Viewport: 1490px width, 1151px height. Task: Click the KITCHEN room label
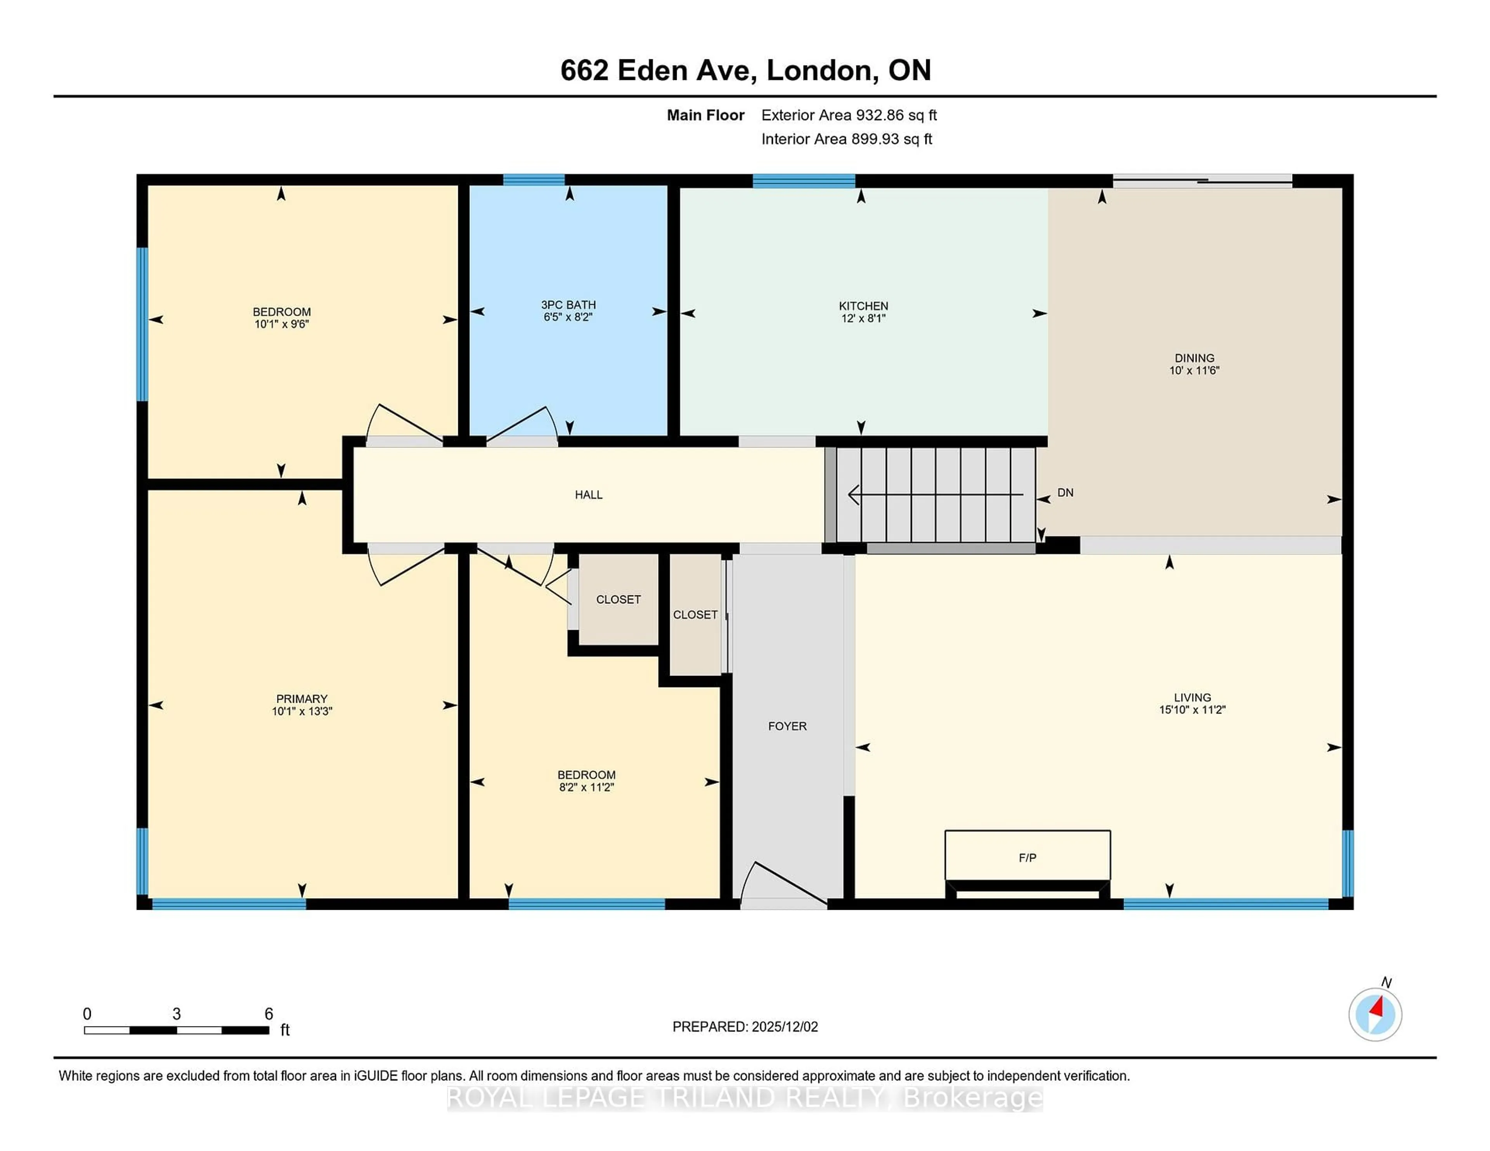coord(863,306)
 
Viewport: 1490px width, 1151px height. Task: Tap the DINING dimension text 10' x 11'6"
coord(1194,370)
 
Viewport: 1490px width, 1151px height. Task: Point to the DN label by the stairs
coord(1065,492)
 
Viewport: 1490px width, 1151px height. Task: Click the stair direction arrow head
coord(853,494)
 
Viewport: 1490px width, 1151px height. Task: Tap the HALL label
coord(588,494)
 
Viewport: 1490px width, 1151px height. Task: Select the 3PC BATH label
coord(568,305)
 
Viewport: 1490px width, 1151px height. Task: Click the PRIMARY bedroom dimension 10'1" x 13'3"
coord(301,710)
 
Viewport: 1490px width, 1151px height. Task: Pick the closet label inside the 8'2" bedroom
coord(618,600)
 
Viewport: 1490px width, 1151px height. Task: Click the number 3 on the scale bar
coord(176,1014)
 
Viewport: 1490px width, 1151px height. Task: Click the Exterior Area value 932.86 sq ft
coord(894,115)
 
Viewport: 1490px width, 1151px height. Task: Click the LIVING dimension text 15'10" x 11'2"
coord(1192,709)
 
